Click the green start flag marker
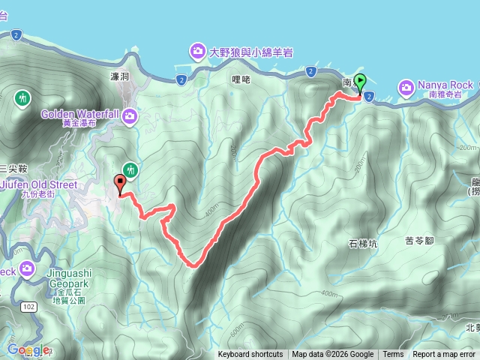tap(361, 82)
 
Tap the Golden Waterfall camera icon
tap(130, 115)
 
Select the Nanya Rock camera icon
tap(406, 88)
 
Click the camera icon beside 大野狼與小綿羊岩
tap(197, 51)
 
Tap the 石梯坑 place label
tap(363, 244)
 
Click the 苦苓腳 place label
tap(420, 241)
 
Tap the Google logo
tap(28, 349)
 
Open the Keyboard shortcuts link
tap(250, 355)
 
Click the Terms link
tap(393, 355)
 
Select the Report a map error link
tap(444, 355)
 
